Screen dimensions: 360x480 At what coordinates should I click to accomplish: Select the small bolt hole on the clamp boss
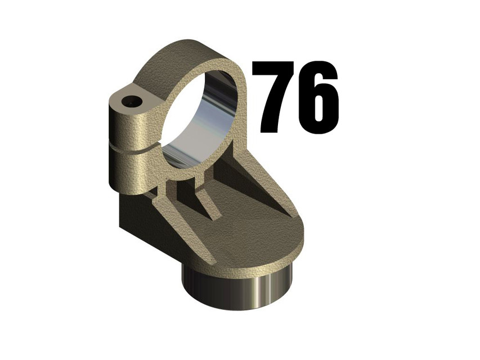tap(133, 102)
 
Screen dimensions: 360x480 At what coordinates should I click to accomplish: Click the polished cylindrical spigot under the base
tap(236, 287)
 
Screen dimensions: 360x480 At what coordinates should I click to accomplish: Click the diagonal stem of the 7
tap(270, 110)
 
